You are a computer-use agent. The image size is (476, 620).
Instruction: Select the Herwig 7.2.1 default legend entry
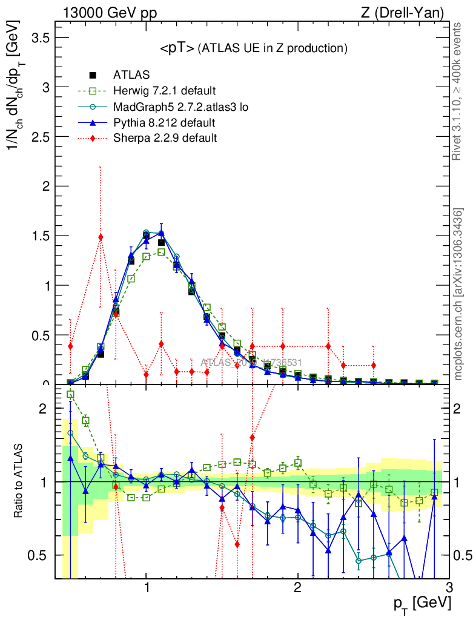pyautogui.click(x=164, y=91)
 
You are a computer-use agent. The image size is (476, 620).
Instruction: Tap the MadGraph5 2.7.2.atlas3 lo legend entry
pyautogui.click(x=181, y=107)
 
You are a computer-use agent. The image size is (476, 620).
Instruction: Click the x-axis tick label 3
pyautogui.click(x=449, y=588)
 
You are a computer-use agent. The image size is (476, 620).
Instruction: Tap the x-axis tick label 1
pyautogui.click(x=147, y=588)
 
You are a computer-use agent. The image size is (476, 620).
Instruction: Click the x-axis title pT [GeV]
pyautogui.click(x=421, y=604)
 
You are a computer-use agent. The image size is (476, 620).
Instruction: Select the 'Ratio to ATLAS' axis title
pyautogui.click(x=20, y=481)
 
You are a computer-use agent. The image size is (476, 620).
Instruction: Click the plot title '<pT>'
pyautogui.click(x=177, y=48)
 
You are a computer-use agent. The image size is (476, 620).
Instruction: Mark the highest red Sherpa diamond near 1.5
pyautogui.click(x=101, y=237)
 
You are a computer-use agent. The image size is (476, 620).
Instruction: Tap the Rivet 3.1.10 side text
pyautogui.click(x=459, y=91)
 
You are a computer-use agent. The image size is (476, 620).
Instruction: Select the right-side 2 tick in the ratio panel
pyautogui.click(x=462, y=409)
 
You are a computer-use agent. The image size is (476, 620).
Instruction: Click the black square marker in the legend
pyautogui.click(x=93, y=76)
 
